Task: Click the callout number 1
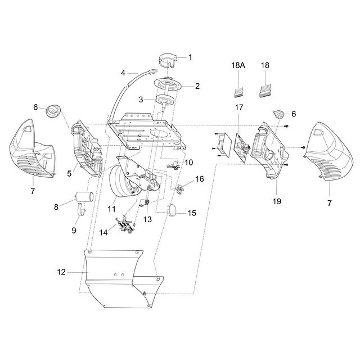[190, 57]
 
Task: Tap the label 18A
[238, 65]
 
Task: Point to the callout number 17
[238, 107]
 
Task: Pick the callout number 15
[192, 213]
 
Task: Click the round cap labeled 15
[174, 211]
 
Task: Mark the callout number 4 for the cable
[123, 72]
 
